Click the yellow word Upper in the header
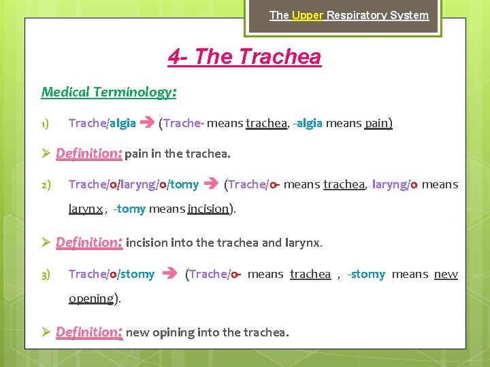click(x=308, y=15)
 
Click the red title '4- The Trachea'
click(x=244, y=56)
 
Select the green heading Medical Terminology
click(x=109, y=92)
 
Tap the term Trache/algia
click(x=102, y=123)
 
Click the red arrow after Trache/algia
click(x=146, y=123)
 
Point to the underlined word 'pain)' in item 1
click(x=378, y=123)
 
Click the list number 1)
click(x=44, y=124)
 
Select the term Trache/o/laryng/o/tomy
click(x=133, y=184)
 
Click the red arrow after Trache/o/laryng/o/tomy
click(x=211, y=184)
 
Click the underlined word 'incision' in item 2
click(x=208, y=209)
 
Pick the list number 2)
click(x=44, y=185)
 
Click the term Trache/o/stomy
click(x=112, y=274)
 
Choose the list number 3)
click(x=44, y=275)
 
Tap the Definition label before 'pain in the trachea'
click(x=88, y=154)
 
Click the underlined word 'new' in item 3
click(x=446, y=274)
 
